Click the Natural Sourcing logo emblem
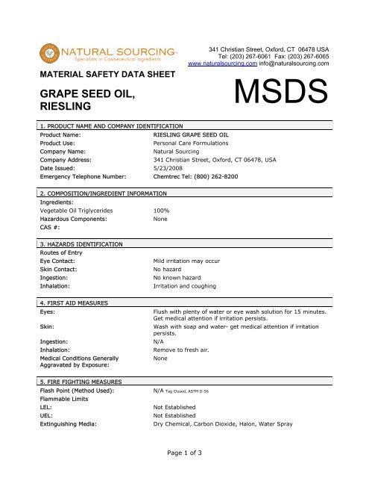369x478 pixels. pos(51,55)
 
